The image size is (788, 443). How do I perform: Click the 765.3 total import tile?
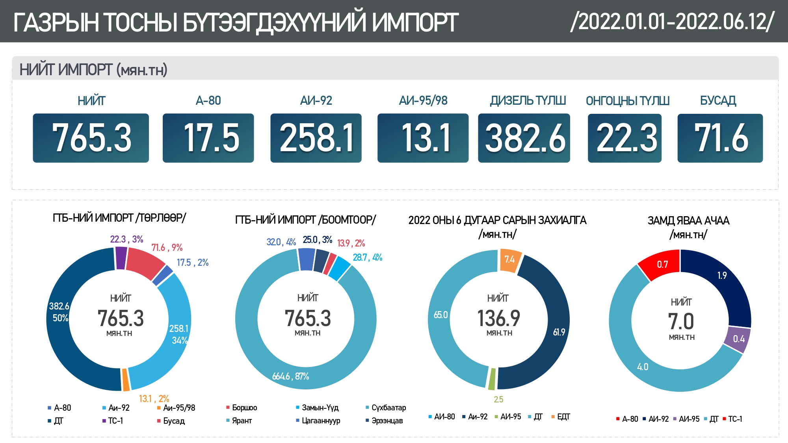pos(91,138)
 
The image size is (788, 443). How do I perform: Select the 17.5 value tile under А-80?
pos(208,138)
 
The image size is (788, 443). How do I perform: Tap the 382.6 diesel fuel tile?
pos(524,138)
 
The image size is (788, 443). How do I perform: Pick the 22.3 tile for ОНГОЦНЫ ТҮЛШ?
pos(625,138)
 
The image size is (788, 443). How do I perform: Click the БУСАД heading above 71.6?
pos(718,101)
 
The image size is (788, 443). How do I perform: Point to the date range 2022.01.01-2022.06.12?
pos(672,21)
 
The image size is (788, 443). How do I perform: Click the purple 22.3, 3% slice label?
pos(126,239)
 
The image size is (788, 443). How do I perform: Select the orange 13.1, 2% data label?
pos(154,399)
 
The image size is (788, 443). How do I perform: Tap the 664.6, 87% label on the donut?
pos(291,376)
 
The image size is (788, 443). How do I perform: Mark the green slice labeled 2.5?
pos(492,379)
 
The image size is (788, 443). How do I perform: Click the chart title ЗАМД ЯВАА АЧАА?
pos(688,221)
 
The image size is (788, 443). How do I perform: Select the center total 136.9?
pos(499,318)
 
